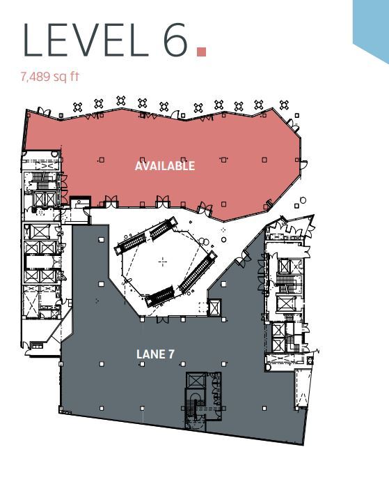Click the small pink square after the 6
(202, 51)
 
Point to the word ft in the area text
(74, 75)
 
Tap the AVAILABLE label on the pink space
(165, 166)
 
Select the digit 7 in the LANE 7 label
(170, 354)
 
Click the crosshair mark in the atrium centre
(163, 262)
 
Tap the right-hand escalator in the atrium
(197, 272)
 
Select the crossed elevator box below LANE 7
(196, 382)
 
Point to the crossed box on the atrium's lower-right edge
(215, 308)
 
